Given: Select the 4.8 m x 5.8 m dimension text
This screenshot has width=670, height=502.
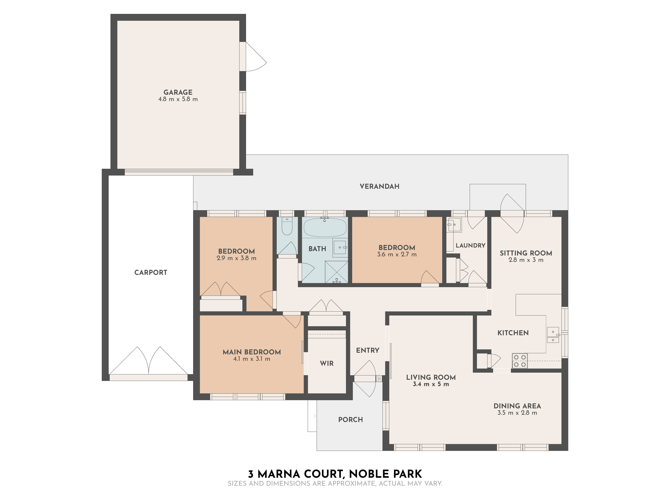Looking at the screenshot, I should point(178,99).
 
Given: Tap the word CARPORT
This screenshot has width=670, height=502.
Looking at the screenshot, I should point(151,272).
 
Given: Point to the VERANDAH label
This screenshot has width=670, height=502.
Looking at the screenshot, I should point(379,186).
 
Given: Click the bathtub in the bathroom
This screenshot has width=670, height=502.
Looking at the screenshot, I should point(325,228).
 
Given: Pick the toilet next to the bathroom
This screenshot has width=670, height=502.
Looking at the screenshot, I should point(287,227).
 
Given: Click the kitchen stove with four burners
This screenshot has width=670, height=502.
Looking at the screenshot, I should point(519,361).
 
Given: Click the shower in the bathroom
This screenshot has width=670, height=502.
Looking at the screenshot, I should point(336,272).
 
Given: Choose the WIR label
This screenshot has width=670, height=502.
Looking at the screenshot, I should point(326,363).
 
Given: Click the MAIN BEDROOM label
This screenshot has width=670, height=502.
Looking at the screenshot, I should point(251,352).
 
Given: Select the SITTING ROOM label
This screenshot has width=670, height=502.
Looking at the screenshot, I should point(525,253).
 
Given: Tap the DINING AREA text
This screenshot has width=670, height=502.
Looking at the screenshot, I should point(517,406).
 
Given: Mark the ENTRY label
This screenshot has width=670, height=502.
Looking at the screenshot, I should point(367,350).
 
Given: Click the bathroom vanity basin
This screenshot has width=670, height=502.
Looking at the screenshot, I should point(340,247).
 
